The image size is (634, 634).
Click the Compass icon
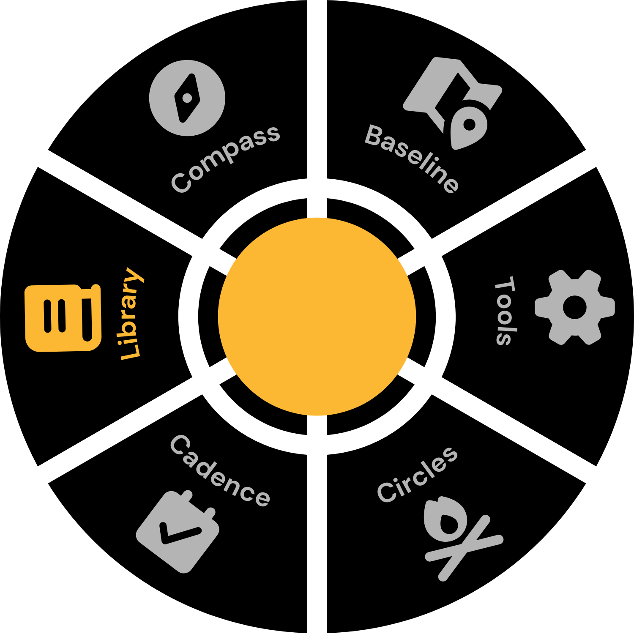click(x=187, y=98)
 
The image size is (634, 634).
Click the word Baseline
click(x=412, y=158)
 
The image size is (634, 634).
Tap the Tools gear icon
click(x=574, y=307)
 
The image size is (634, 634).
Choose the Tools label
click(x=505, y=311)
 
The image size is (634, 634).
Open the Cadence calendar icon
click(x=178, y=532)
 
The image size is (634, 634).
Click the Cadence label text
click(x=220, y=470)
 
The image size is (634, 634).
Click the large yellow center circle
click(x=317, y=317)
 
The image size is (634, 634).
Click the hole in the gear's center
click(x=575, y=307)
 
